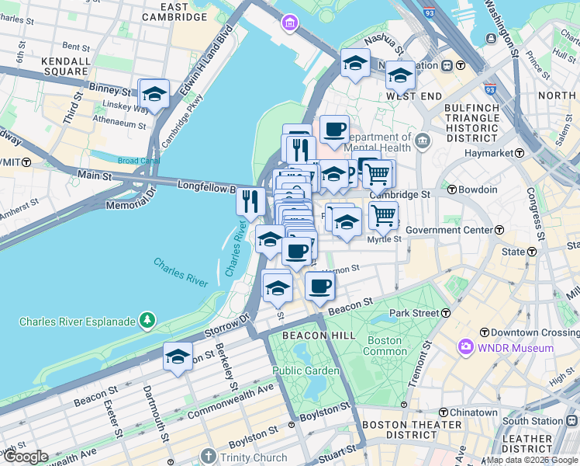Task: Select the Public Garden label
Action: click(306, 370)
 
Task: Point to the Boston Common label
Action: click(385, 346)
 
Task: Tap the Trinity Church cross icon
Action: click(207, 457)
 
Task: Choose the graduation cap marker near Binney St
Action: click(154, 95)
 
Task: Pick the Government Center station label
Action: click(449, 230)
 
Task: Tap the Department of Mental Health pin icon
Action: click(422, 141)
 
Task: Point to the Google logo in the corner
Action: click(25, 457)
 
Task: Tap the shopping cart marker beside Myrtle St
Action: click(383, 217)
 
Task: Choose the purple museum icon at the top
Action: click(290, 23)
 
